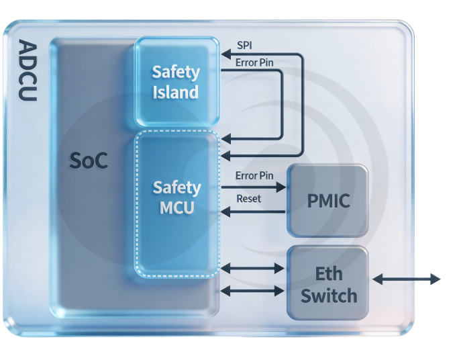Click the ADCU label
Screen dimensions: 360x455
[x=27, y=70]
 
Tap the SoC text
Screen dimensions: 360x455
[x=89, y=162]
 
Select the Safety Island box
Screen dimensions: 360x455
[x=176, y=82]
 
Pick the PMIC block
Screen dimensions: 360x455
[x=327, y=200]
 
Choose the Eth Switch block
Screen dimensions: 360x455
[x=327, y=283]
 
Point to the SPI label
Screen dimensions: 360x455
[x=245, y=46]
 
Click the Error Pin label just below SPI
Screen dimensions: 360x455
[x=254, y=62]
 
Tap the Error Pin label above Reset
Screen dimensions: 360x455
[x=254, y=176]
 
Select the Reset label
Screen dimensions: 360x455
[x=249, y=199]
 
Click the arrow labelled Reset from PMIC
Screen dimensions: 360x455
[x=254, y=212]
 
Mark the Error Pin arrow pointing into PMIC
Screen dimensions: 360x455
[x=254, y=188]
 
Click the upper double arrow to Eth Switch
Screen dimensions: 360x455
[x=253, y=268]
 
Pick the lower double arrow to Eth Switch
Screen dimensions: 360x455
[x=253, y=291]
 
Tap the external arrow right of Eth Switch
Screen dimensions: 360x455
[x=407, y=278]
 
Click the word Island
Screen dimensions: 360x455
[x=175, y=91]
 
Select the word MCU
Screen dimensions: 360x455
[x=176, y=208]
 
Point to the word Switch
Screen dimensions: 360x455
[x=328, y=295]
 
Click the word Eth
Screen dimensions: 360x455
[x=329, y=273]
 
